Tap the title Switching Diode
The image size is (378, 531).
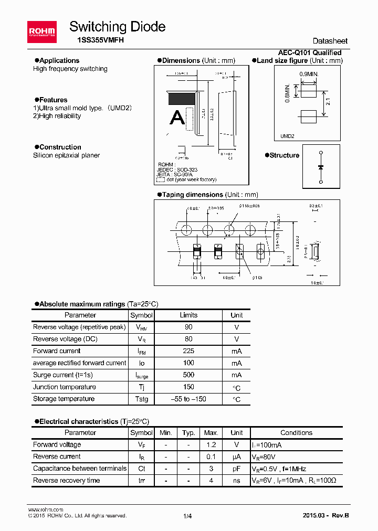point(117,27)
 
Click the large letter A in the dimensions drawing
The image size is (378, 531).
point(177,118)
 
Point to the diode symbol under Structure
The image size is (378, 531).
point(320,167)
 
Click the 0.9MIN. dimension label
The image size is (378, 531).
point(309,75)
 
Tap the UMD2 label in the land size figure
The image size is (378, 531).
point(287,136)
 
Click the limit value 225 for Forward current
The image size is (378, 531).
point(188,351)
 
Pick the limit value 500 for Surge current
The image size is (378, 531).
point(188,375)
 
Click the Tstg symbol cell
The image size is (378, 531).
point(141,399)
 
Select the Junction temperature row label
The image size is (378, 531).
point(65,387)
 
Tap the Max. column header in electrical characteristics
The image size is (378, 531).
point(211,433)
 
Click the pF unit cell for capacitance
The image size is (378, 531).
point(236,469)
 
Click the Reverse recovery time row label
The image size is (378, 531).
point(66,481)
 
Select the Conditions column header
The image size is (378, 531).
point(296,433)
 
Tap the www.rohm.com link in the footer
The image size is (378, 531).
point(45,509)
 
